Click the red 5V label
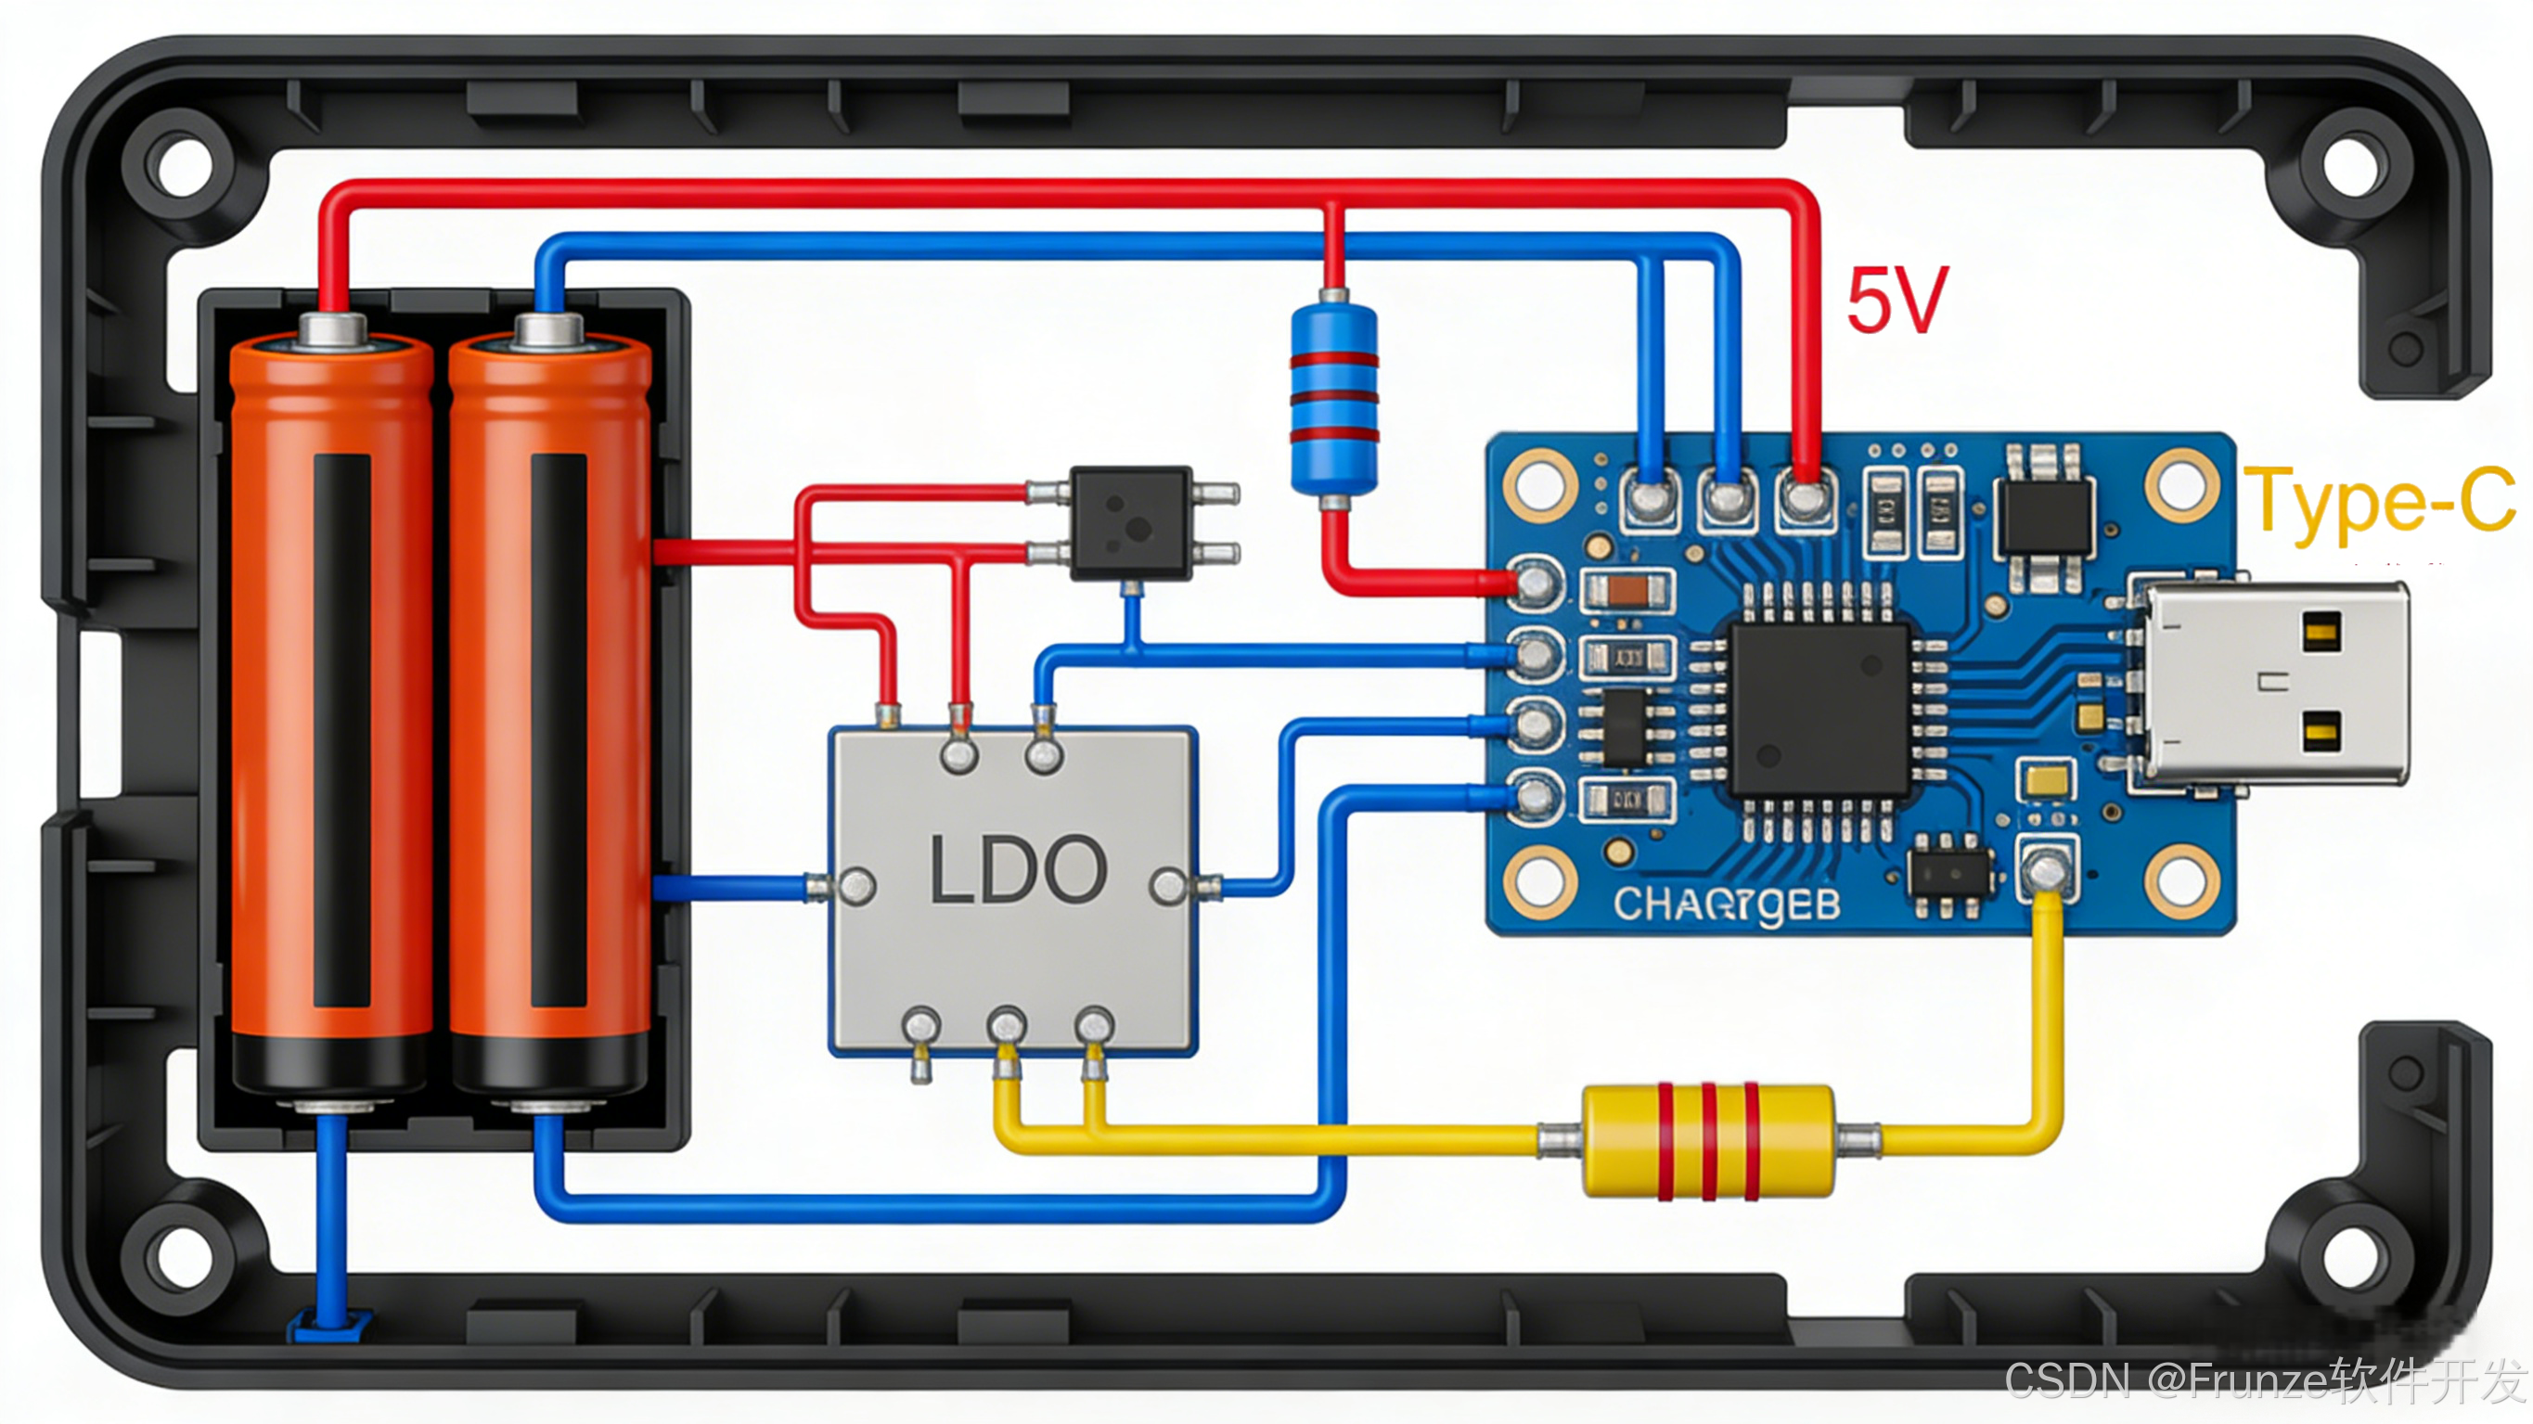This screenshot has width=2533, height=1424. (x=1897, y=300)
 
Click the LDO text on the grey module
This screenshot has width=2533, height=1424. (x=1018, y=870)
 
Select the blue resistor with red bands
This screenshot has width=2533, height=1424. (x=1333, y=398)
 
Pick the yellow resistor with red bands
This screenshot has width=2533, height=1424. (x=1708, y=1141)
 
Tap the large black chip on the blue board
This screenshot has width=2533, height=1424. (x=1820, y=708)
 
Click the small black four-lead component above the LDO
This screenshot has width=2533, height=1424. (x=1131, y=523)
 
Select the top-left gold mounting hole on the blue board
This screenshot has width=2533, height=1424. (x=1540, y=485)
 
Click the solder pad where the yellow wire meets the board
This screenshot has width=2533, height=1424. (x=2047, y=869)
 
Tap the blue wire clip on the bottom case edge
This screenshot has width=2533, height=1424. (x=328, y=1326)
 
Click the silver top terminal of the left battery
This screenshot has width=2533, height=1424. (x=332, y=329)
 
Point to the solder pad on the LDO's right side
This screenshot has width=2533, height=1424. (x=1168, y=886)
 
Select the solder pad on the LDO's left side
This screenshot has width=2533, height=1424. (x=855, y=886)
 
